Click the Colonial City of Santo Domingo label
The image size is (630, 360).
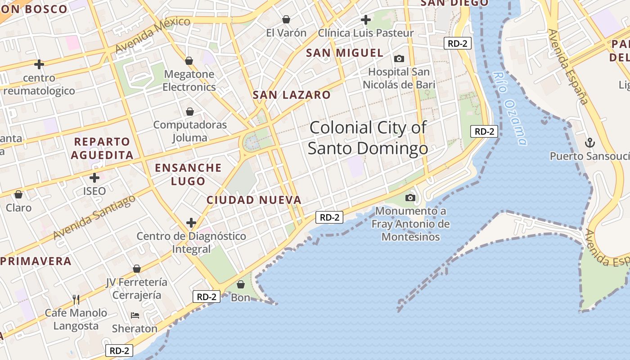tap(368, 138)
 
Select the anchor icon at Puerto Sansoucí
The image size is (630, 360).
tap(589, 143)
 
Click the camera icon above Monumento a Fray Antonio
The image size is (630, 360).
tap(410, 198)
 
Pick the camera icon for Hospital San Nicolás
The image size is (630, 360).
tap(399, 58)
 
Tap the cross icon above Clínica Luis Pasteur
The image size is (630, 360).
tap(366, 20)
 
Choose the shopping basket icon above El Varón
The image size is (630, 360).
tap(286, 19)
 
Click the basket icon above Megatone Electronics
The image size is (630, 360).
tap(189, 61)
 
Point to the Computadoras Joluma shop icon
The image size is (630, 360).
tap(190, 112)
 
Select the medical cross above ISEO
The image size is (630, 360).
tap(94, 177)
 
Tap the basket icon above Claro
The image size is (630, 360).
tap(18, 194)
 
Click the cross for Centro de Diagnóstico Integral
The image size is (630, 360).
tap(191, 222)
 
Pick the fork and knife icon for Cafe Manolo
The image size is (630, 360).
tap(76, 299)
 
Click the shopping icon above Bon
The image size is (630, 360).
tap(241, 284)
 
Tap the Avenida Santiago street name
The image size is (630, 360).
tap(94, 217)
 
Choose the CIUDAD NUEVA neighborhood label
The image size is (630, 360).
tap(254, 200)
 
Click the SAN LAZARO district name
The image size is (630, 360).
tap(292, 95)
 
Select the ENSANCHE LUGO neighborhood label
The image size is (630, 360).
tap(188, 175)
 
